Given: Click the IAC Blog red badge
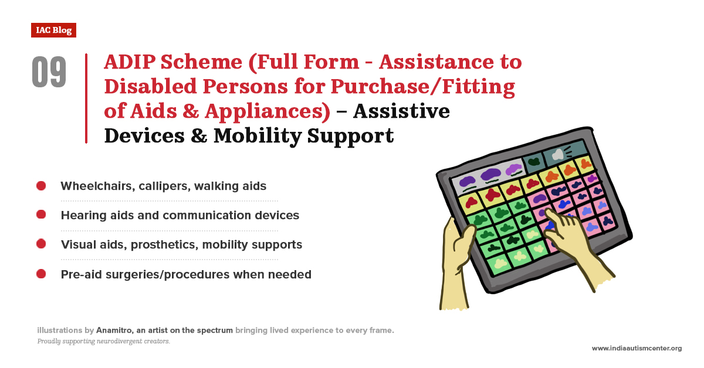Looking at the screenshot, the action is point(53,30).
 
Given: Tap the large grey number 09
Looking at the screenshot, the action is point(49,72).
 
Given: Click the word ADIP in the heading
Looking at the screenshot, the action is point(130,62).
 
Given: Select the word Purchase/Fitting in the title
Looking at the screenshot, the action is point(423,87).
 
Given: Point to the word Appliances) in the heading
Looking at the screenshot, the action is point(268,111).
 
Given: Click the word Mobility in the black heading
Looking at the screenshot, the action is point(258,136).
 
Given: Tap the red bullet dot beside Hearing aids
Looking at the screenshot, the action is point(41,214).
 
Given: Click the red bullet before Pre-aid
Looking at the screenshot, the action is point(41,274).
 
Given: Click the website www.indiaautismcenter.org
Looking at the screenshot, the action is point(637,348).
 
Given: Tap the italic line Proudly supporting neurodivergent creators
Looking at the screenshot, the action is point(104,341).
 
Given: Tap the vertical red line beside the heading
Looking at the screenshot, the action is point(86,98).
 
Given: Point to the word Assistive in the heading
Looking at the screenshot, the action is point(401,111).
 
